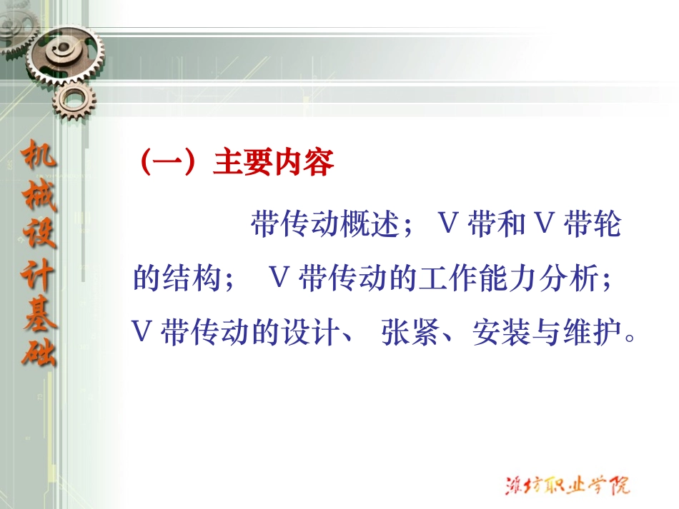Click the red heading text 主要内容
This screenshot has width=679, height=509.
pyautogui.click(x=274, y=163)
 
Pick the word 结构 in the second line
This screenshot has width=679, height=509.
pyautogui.click(x=194, y=279)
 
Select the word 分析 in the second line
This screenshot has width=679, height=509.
pyautogui.click(x=573, y=279)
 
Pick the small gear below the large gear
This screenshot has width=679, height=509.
pyautogui.click(x=71, y=101)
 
